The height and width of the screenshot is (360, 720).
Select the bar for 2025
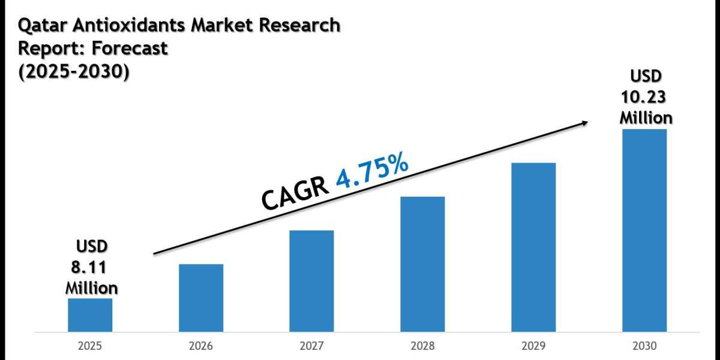coord(90,315)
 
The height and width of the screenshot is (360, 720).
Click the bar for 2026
coord(201,298)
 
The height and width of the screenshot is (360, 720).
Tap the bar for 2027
coord(311,281)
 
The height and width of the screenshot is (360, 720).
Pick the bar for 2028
coord(422,264)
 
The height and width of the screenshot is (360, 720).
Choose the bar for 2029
coord(533,247)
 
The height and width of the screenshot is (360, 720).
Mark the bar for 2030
coord(644,230)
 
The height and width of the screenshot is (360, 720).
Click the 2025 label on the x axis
coord(90,346)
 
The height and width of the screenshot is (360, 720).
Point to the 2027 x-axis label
coord(311,346)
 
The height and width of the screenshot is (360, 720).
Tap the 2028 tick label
coord(422,346)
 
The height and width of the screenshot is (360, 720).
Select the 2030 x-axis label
coord(644,346)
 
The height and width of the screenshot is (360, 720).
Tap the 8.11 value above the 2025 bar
coord(91,267)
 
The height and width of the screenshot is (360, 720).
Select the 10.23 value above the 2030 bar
coord(646,97)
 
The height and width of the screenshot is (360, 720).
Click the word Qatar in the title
coord(40,26)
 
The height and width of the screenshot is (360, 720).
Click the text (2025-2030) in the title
coord(74,71)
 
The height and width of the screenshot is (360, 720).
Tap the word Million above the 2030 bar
coord(646,117)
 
